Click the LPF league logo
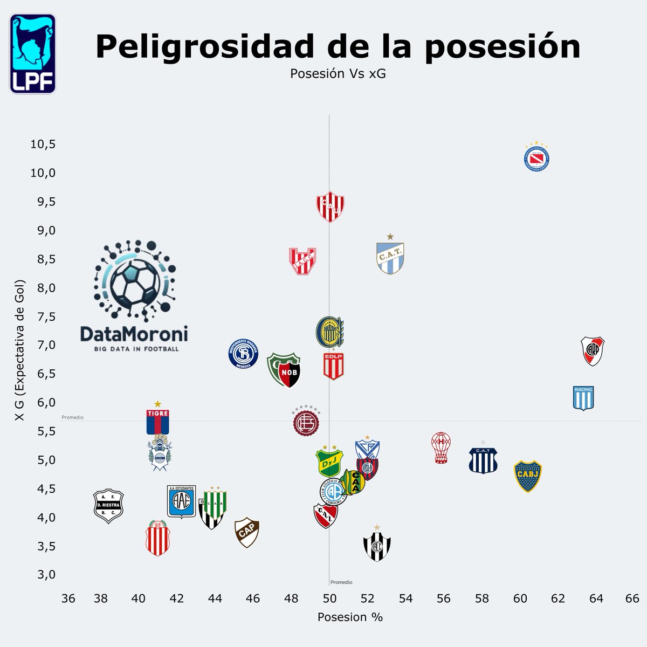(32, 54)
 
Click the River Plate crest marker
(593, 351)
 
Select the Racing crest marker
(583, 398)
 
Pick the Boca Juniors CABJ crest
(527, 476)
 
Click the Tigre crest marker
(157, 421)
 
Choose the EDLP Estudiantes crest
(333, 366)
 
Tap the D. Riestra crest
(108, 506)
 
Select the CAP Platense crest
(247, 533)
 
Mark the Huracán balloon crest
(442, 448)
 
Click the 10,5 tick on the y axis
(43, 144)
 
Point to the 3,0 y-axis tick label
(46, 575)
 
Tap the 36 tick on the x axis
(68, 599)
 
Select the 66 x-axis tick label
(632, 599)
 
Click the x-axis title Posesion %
(350, 617)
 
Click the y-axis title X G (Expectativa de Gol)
(20, 350)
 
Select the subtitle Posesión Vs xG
(338, 74)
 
